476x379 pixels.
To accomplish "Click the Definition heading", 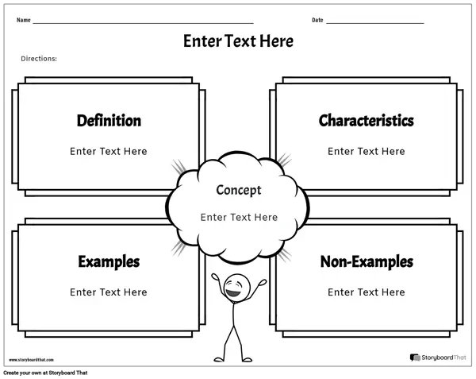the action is [x=109, y=121].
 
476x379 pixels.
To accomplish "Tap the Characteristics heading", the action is [x=366, y=121].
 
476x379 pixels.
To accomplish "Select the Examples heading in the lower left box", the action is [x=109, y=262].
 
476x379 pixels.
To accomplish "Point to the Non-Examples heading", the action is [x=367, y=261].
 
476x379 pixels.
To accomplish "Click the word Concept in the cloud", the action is [x=239, y=191].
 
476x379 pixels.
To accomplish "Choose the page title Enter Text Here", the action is [x=238, y=41].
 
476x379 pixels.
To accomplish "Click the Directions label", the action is [x=39, y=59].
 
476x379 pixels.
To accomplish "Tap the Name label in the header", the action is [x=23, y=20].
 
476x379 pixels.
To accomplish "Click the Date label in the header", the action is [x=317, y=20].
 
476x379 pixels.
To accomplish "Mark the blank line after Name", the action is [x=143, y=23].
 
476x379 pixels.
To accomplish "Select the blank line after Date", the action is [x=375, y=23].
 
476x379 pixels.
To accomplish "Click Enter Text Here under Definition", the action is [x=109, y=151].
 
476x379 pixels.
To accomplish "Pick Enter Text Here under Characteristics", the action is [x=366, y=151].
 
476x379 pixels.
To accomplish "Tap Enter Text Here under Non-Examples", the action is [x=366, y=292].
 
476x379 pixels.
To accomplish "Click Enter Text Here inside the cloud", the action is [x=239, y=218].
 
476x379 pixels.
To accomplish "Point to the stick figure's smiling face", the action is [x=236, y=288].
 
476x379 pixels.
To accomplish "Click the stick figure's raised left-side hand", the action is [x=215, y=277].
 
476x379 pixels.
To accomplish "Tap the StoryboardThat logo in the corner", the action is [x=438, y=358].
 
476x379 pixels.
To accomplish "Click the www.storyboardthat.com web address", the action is [x=31, y=360].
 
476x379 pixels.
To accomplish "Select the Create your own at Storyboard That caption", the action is [x=45, y=373].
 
